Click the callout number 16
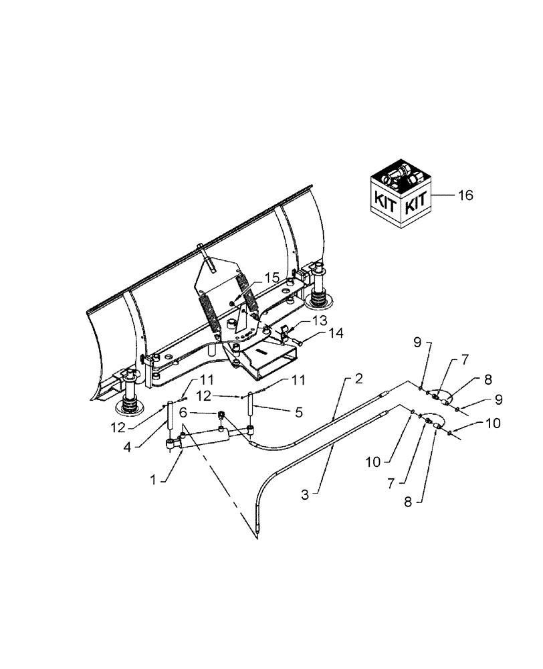pyautogui.click(x=465, y=195)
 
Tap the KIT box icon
pyautogui.click(x=401, y=195)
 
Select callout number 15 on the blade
pyautogui.click(x=253, y=276)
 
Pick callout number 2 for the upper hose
pyautogui.click(x=358, y=379)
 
